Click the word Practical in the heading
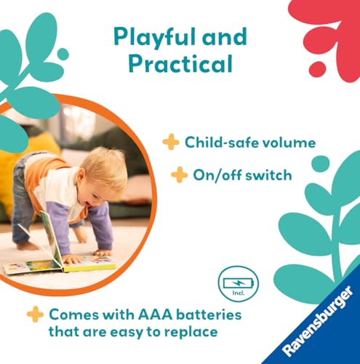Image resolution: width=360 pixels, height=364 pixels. (x=180, y=64)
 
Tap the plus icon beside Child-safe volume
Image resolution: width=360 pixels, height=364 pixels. (x=171, y=142)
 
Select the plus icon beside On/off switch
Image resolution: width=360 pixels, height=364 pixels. (x=178, y=175)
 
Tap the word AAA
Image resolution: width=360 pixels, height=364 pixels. (x=156, y=314)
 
